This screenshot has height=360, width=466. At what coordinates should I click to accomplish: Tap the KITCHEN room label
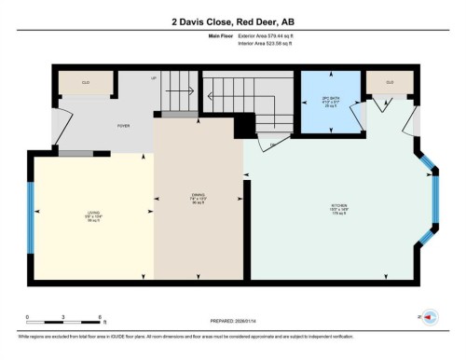(337, 208)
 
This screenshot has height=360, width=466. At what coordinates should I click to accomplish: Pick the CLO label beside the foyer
(85, 83)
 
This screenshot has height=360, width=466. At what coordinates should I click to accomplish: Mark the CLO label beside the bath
(390, 83)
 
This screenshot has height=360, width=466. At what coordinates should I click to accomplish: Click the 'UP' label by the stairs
(154, 77)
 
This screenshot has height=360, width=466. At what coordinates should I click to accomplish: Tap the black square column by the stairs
(244, 123)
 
